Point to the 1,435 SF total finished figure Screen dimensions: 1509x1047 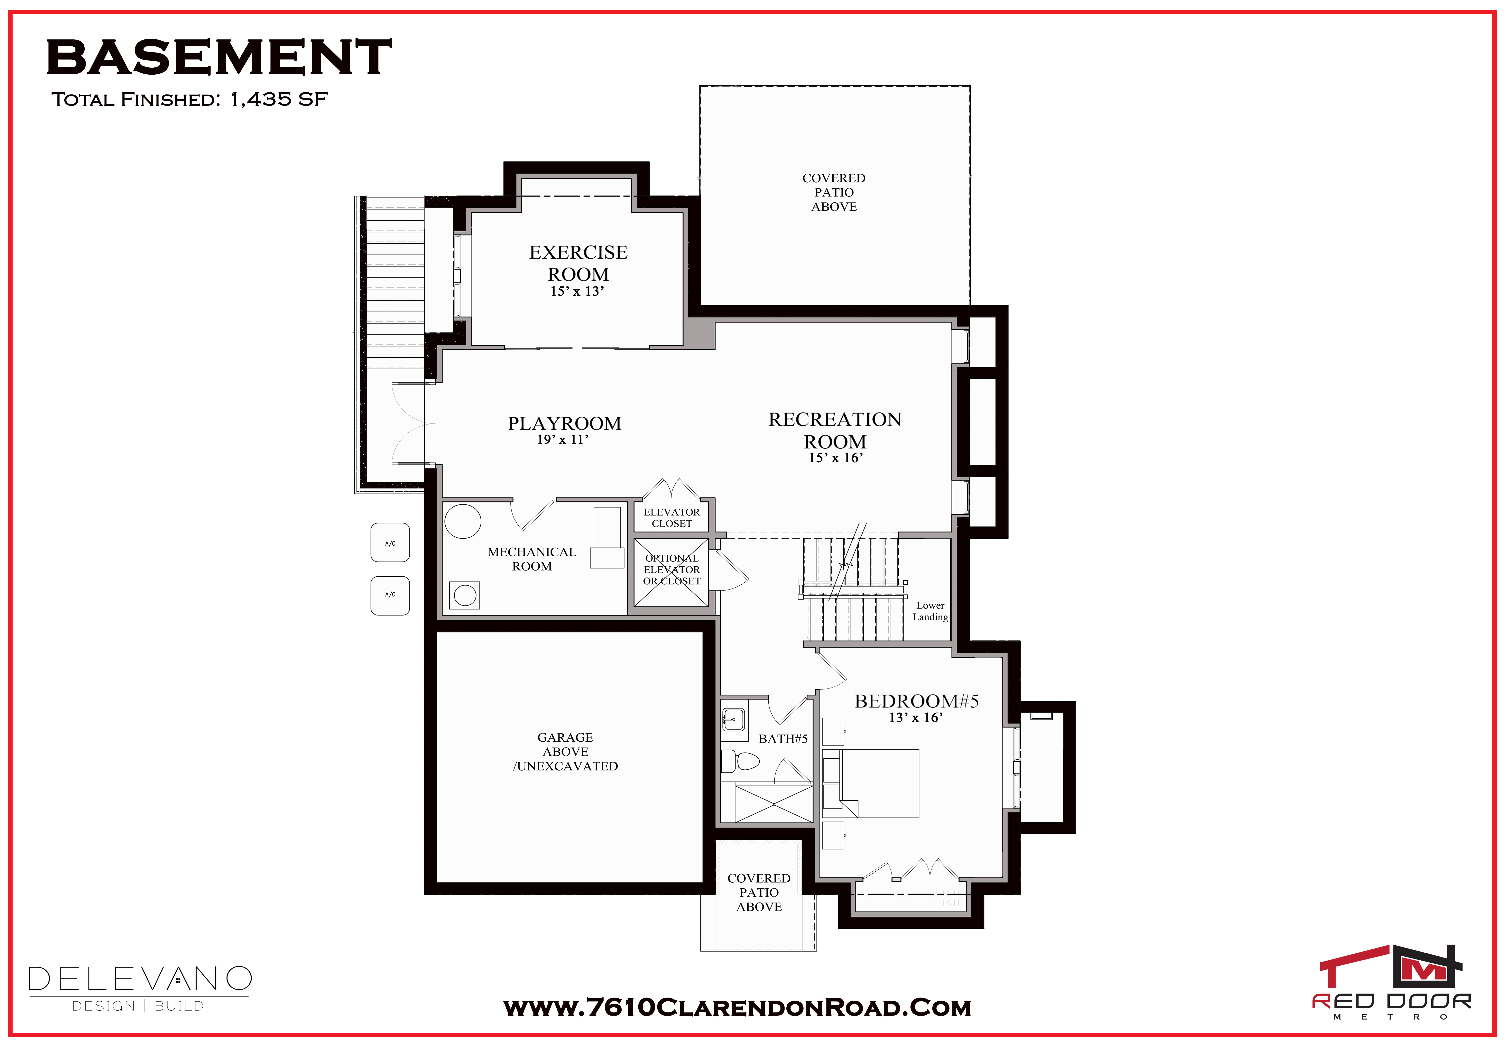click(278, 99)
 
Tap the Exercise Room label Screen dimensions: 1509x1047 click(578, 263)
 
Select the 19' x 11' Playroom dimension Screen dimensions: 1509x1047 click(563, 439)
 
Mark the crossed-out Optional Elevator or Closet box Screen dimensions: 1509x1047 click(671, 572)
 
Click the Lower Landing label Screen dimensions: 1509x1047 click(930, 611)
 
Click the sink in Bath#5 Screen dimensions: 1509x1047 click(733, 720)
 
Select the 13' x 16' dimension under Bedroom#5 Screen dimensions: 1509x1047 click(916, 718)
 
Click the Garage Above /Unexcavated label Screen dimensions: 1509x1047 click(566, 752)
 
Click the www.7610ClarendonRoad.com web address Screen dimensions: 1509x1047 click(737, 1008)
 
